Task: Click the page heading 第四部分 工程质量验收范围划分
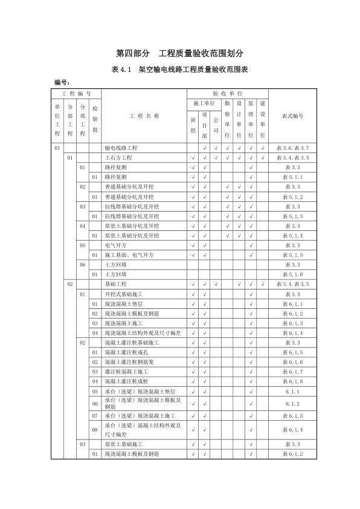pos(179,53)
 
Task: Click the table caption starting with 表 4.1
pos(179,70)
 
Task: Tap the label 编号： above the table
pos(63,82)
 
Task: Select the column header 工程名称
pos(144,116)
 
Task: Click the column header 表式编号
pos(292,116)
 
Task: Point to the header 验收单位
pos(227,94)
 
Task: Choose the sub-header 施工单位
pos(204,104)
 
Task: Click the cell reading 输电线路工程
pos(121,148)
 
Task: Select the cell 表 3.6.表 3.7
pos(292,148)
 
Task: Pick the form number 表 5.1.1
pos(292,177)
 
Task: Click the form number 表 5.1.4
pos(292,236)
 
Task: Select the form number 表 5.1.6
pos(292,274)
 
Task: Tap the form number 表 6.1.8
pos(292,381)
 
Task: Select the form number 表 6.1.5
pos(292,352)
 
